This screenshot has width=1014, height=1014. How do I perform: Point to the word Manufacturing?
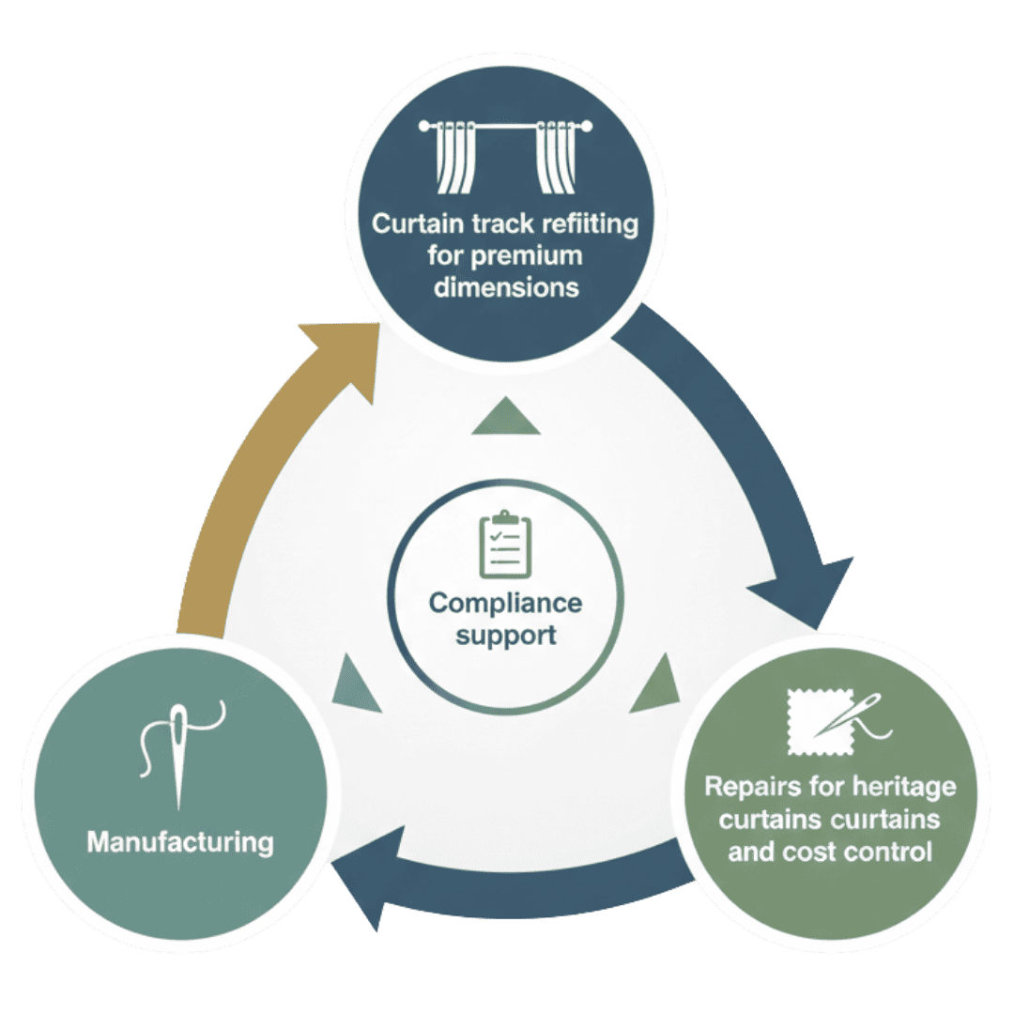(x=180, y=840)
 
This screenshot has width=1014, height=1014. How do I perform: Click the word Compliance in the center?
(x=505, y=603)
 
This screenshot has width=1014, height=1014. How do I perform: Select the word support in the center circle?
(x=505, y=636)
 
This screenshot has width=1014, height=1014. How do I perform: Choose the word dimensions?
(x=505, y=286)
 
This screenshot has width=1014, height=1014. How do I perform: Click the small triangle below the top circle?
(x=506, y=417)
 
